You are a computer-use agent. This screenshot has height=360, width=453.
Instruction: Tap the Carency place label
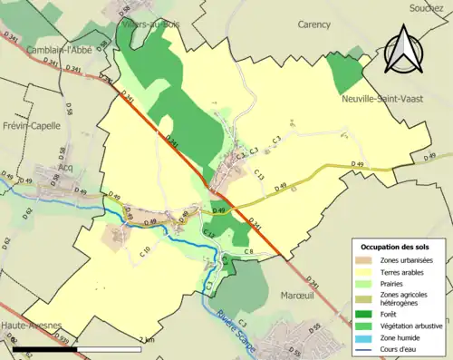313,25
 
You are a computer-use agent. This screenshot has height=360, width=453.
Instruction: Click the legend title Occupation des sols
395,246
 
